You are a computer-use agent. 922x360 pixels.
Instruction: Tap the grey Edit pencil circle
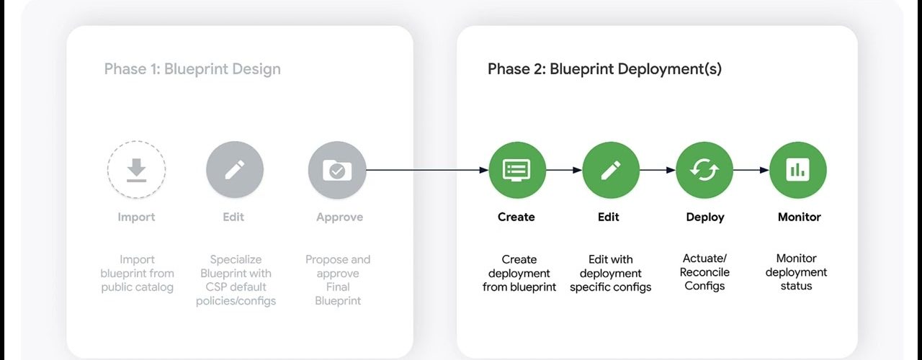pos(235,170)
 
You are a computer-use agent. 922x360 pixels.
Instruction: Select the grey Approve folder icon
pos(337,170)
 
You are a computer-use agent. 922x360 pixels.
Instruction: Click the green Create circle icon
pos(517,170)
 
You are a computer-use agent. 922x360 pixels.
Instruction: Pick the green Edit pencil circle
pos(611,170)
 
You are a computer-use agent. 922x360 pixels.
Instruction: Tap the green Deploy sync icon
pos(704,170)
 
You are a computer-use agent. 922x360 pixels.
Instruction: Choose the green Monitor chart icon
pos(797,170)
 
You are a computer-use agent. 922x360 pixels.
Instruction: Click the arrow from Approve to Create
pos(427,170)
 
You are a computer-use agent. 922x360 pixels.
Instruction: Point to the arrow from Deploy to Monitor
pos(751,170)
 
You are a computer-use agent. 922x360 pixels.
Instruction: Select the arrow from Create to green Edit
pos(564,170)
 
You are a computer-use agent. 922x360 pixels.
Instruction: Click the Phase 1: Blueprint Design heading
pos(192,69)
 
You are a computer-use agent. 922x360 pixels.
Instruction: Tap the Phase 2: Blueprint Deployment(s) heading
pos(604,69)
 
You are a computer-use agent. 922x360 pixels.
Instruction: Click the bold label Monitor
pos(800,217)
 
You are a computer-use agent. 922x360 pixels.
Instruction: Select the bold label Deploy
pos(705,217)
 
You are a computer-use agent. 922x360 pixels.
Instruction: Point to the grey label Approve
pos(339,217)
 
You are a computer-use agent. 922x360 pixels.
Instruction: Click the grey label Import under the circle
pos(136,217)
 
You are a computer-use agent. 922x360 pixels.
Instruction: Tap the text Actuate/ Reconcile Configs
pos(704,272)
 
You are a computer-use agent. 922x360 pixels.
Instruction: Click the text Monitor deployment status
pos(796,272)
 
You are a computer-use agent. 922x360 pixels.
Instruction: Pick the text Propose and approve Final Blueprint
pos(338,280)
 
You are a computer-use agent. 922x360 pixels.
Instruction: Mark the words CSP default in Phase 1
pos(236,287)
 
